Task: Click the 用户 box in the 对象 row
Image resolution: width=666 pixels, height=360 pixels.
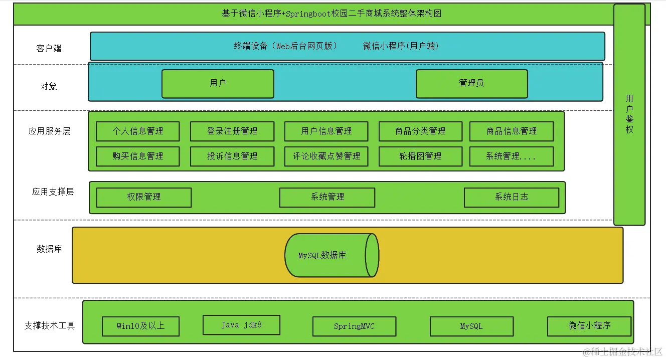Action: click(218, 84)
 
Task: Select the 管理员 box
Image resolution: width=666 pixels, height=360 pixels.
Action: click(471, 84)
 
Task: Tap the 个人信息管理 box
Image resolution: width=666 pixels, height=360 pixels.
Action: click(137, 131)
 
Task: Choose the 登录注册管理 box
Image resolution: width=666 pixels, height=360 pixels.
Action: click(232, 131)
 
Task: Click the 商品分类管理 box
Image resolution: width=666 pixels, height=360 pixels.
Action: click(420, 131)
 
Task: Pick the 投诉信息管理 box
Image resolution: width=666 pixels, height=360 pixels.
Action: click(232, 156)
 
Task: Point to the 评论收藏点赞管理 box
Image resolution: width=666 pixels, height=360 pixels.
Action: click(326, 156)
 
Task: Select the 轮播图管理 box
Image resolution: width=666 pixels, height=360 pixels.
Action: click(420, 156)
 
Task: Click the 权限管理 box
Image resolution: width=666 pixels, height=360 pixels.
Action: click(144, 198)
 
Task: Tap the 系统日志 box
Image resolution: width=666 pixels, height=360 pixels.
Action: click(512, 198)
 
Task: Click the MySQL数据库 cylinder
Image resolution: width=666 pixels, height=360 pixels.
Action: click(331, 255)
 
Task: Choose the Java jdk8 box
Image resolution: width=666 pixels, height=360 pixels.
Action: click(241, 325)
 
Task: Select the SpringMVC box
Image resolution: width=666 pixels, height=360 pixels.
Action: click(354, 326)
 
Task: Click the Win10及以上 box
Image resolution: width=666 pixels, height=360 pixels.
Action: click(140, 326)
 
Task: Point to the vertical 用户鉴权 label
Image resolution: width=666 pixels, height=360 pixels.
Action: click(629, 114)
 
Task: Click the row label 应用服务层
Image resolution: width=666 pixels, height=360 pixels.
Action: click(49, 131)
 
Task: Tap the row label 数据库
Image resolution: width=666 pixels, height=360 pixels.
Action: click(49, 249)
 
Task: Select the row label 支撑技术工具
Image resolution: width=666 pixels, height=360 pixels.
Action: click(49, 326)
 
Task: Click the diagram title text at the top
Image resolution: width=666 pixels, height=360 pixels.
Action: click(331, 14)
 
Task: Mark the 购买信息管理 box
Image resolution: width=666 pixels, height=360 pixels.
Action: click(137, 156)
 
